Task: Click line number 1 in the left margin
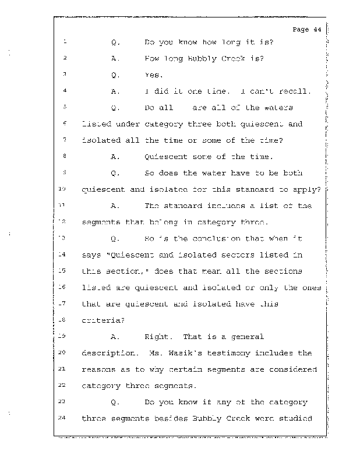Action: click(x=65, y=42)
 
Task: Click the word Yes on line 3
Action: click(x=153, y=75)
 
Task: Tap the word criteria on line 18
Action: click(x=101, y=320)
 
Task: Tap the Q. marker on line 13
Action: click(x=115, y=238)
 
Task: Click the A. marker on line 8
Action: click(x=115, y=157)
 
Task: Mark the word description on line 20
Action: click(x=110, y=353)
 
